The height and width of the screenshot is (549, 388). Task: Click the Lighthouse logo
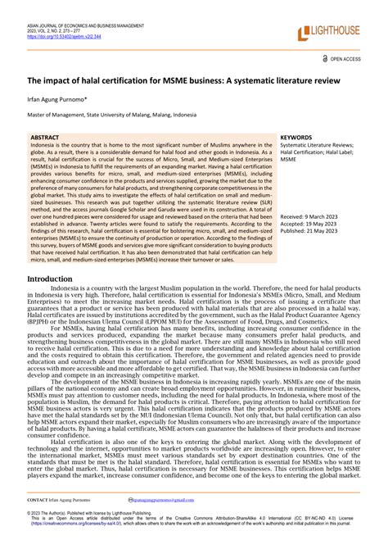tap(334, 32)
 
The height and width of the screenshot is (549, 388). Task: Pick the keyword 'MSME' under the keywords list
tap(288, 161)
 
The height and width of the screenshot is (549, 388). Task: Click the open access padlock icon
tap(326, 60)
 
